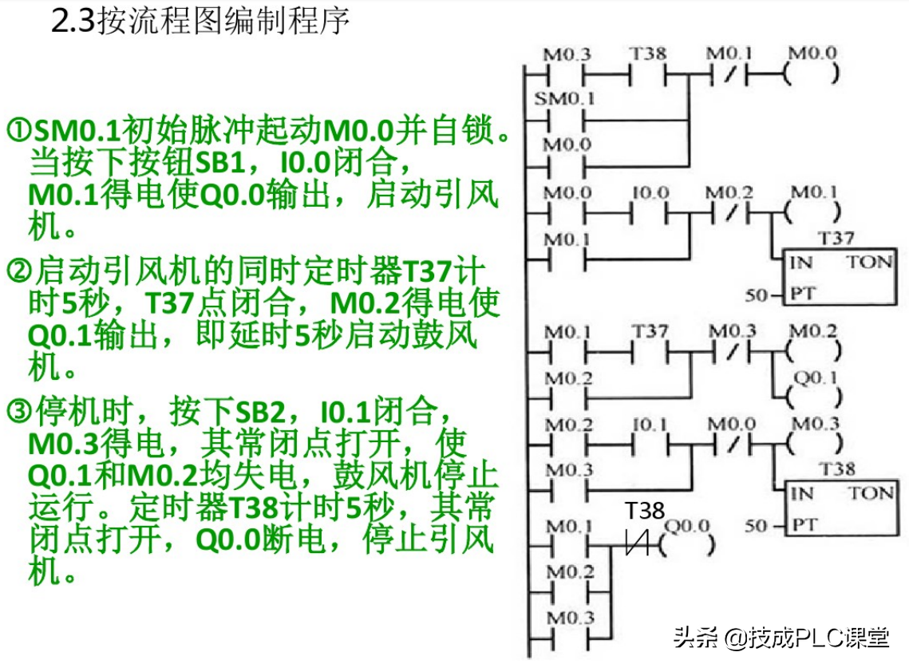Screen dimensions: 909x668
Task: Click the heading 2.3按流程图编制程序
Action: [x=200, y=22]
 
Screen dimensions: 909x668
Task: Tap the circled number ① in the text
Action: [x=18, y=130]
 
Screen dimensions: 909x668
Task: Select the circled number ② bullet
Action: [x=18, y=272]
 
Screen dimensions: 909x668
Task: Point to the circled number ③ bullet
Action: [x=18, y=413]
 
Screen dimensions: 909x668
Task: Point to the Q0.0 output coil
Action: [x=687, y=546]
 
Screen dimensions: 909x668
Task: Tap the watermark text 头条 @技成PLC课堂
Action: [x=781, y=638]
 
